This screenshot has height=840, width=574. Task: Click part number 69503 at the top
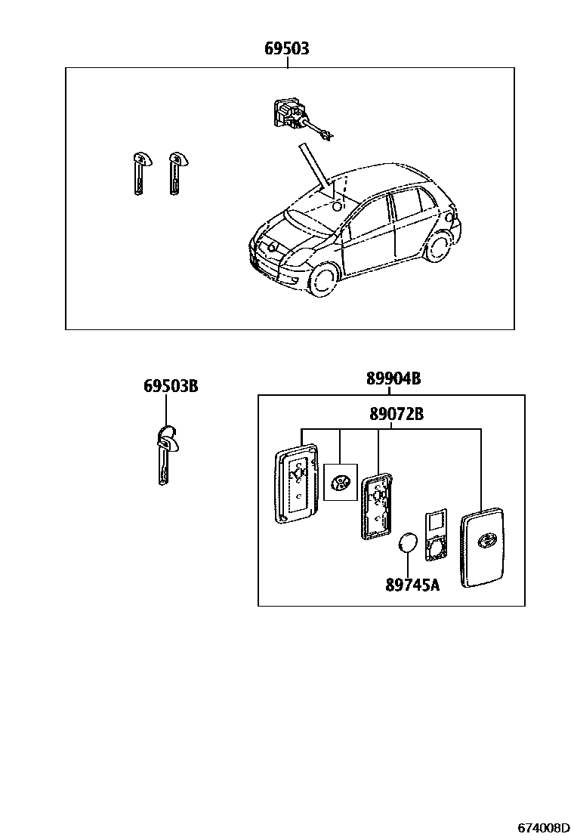(286, 49)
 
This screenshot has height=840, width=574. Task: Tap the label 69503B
(171, 386)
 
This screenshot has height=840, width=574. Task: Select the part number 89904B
(393, 379)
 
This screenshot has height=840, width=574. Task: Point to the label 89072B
(397, 414)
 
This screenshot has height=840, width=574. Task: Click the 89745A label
(412, 585)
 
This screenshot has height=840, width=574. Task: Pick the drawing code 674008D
(542, 827)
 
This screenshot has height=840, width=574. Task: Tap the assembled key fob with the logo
(483, 546)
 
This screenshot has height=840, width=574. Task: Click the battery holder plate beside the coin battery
(436, 536)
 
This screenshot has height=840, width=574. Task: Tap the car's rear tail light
(452, 220)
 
